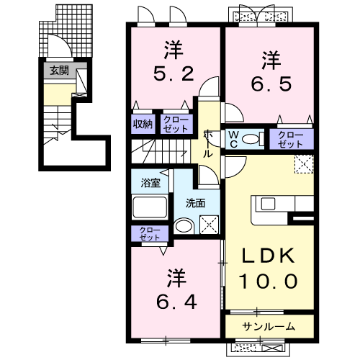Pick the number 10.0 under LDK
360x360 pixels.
[270, 281]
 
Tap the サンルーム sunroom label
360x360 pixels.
[269, 326]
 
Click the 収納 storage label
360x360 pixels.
[141, 123]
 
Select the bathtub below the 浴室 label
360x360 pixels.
[149, 208]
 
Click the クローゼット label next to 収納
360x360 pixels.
[174, 123]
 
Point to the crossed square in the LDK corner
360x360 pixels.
[304, 164]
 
